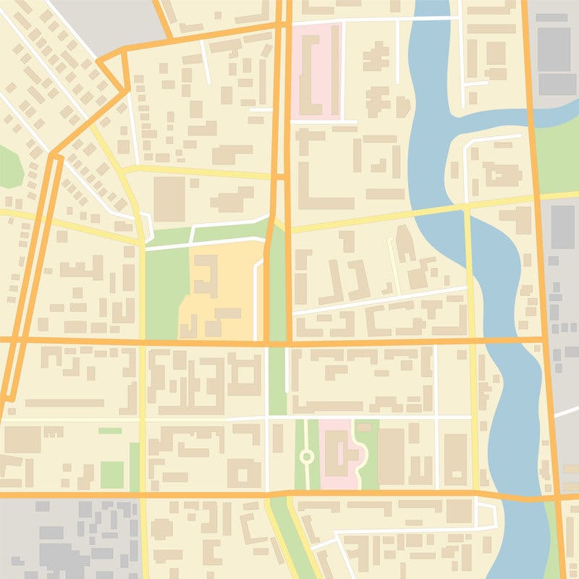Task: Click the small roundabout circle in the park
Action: (306, 457)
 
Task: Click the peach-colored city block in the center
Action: (217, 289)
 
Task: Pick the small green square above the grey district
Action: (111, 475)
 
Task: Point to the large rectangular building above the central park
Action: (169, 198)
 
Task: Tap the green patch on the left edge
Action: (7, 166)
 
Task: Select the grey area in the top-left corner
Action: (109, 22)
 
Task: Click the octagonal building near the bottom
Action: (162, 529)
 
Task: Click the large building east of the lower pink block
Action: (392, 456)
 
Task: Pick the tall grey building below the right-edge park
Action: (562, 227)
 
